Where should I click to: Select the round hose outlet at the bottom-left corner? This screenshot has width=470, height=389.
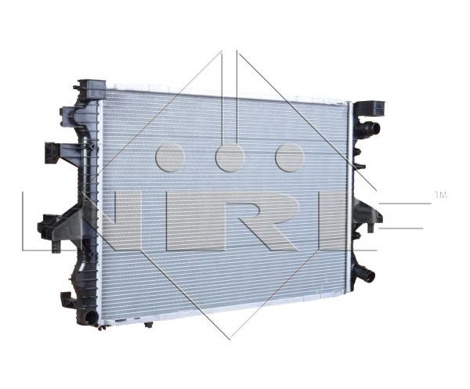pos(91,316)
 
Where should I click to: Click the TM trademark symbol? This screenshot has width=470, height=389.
pos(440,195)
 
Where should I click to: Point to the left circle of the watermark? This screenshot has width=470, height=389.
pos(170,157)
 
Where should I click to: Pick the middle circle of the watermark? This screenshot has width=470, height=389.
pos(230,157)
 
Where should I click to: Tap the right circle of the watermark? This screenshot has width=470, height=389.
pos(290,157)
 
